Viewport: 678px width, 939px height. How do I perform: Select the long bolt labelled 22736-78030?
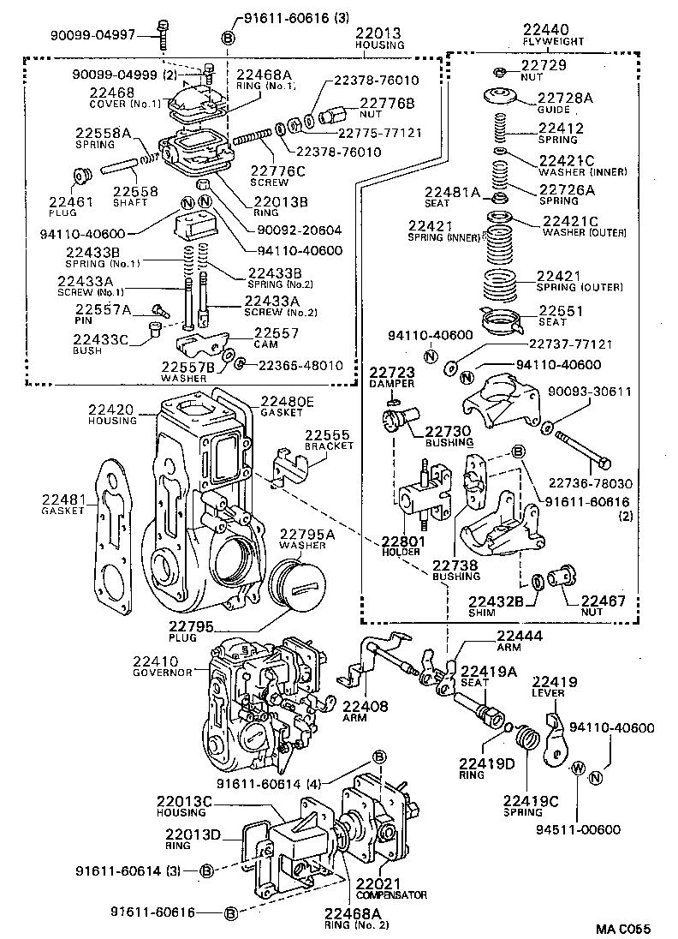click(x=582, y=450)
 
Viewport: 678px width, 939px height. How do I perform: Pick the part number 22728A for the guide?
click(x=566, y=98)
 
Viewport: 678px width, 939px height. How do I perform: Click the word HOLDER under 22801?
click(x=401, y=553)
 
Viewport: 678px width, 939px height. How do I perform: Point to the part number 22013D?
click(x=193, y=834)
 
